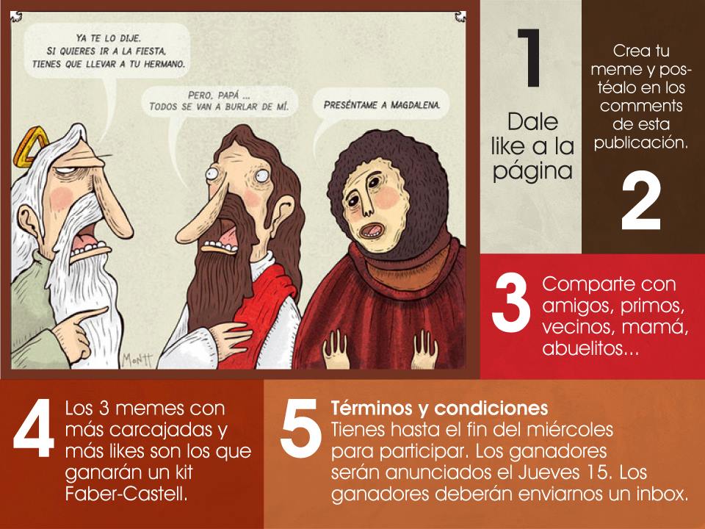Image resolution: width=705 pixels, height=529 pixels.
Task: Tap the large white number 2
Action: click(640, 201)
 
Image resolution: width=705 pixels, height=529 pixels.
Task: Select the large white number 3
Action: click(511, 302)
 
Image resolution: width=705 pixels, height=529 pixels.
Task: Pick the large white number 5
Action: click(300, 428)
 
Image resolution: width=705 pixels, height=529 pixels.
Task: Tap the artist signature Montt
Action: click(137, 359)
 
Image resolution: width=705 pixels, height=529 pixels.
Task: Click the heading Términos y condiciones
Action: click(439, 408)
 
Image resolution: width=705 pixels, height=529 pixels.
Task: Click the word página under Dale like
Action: click(532, 172)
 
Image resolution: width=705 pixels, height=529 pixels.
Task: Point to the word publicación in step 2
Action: click(640, 143)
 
